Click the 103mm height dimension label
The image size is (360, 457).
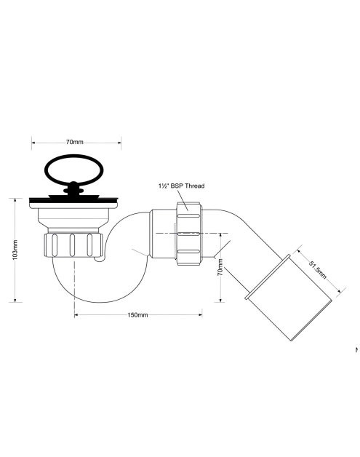click(15, 250)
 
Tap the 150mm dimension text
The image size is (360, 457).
click(137, 315)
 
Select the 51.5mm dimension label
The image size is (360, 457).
click(318, 270)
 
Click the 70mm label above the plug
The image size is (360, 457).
click(75, 142)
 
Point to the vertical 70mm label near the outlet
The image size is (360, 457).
click(220, 267)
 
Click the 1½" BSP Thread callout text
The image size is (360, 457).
click(182, 186)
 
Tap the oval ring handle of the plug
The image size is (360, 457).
click(74, 170)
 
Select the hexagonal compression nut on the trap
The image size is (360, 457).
click(188, 233)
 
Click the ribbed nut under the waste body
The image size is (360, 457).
click(73, 245)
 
